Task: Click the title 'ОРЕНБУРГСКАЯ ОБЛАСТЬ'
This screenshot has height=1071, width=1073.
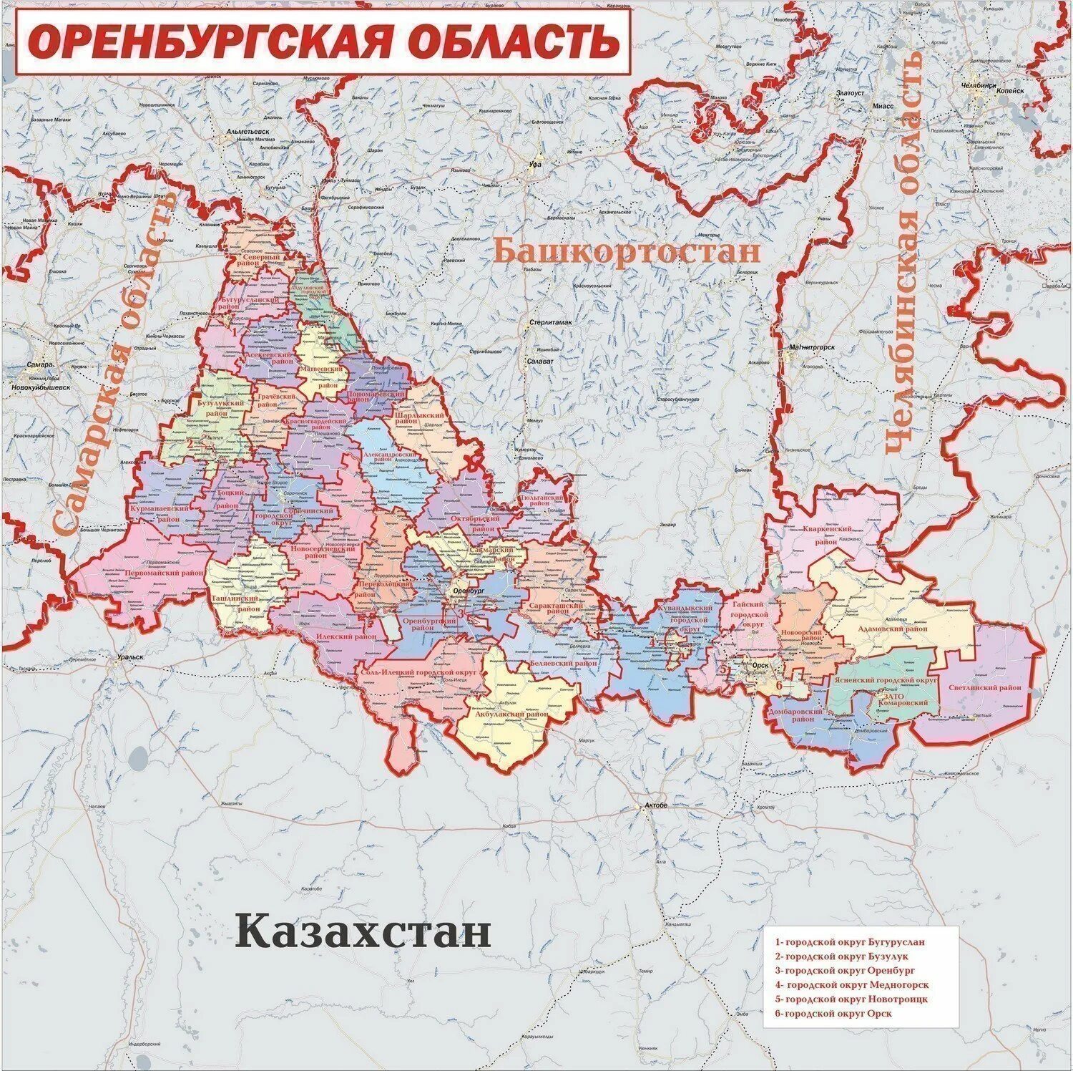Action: [323, 41]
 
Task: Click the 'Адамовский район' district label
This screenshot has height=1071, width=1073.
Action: [891, 629]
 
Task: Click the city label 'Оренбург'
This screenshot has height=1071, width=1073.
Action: [469, 591]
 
